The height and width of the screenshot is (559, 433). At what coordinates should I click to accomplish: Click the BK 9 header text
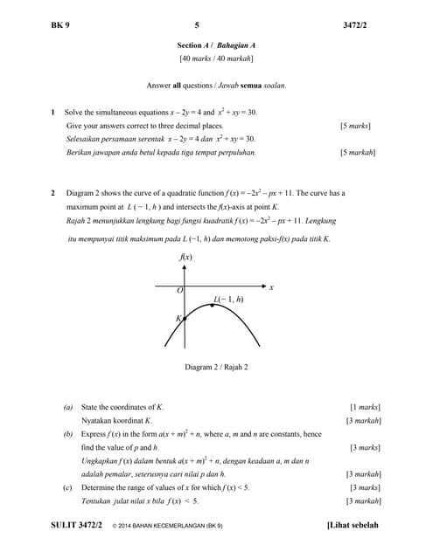60,25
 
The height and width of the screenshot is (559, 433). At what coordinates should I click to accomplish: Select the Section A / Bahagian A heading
216,45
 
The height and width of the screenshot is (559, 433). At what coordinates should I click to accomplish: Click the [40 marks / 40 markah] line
216,59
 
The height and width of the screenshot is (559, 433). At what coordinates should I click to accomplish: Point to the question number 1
53,113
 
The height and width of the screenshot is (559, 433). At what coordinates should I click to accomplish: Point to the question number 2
53,193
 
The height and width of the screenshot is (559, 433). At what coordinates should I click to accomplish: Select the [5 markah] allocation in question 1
357,152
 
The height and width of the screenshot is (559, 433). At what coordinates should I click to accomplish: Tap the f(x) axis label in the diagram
185,257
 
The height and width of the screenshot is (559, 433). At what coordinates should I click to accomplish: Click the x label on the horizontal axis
271,286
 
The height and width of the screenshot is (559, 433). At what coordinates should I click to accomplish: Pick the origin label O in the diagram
179,290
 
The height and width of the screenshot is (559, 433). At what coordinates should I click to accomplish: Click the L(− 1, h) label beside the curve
228,300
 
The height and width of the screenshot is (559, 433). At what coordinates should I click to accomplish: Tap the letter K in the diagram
178,319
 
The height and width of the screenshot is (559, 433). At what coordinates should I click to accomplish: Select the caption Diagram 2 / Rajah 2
216,367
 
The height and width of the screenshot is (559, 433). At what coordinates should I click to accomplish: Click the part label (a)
68,407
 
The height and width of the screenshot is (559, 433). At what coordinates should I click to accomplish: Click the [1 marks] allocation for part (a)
365,407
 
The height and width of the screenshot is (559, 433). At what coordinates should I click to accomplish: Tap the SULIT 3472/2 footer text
77,525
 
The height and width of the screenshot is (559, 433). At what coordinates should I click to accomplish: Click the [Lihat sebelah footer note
353,525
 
